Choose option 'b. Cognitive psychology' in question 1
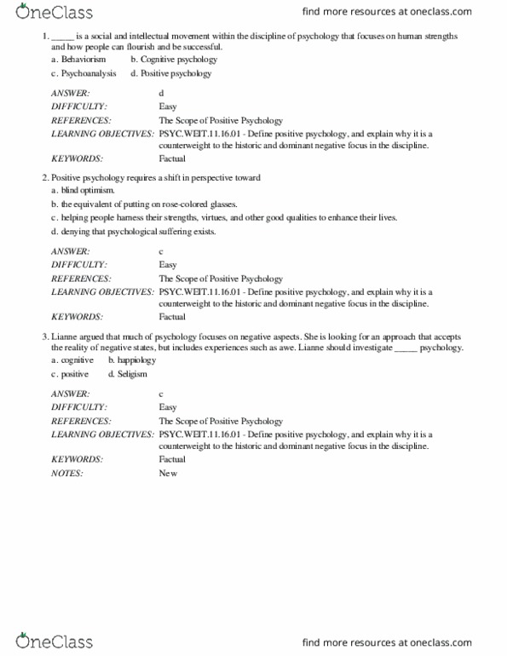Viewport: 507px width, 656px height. coord(169,60)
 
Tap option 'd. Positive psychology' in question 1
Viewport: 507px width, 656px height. coord(170,73)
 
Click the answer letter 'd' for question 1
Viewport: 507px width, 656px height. coord(161,93)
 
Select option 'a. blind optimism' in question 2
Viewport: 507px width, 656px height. coord(83,191)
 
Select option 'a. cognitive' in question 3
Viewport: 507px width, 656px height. coord(72,361)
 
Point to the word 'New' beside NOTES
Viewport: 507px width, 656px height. coord(167,474)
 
